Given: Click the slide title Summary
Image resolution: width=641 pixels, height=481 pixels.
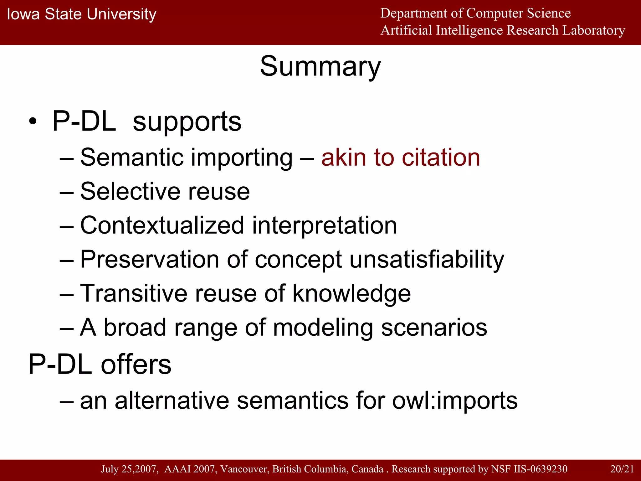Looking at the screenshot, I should (x=320, y=66).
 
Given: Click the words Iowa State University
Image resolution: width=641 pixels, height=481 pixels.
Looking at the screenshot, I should (x=81, y=14).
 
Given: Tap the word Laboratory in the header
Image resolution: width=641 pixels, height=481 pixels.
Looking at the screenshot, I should (x=594, y=30).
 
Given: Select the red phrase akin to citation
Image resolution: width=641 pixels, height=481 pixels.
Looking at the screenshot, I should (x=400, y=157).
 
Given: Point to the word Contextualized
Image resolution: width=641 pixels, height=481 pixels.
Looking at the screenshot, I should (x=162, y=225).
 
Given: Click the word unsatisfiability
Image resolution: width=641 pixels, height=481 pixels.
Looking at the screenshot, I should (x=427, y=260).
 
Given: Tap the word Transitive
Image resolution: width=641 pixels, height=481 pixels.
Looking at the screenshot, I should (x=134, y=293).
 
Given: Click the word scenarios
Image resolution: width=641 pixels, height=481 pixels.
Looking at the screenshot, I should (x=434, y=328).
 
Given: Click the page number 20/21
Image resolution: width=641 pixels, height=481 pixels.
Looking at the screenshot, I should (x=622, y=469).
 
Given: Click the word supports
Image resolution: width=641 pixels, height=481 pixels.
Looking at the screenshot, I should (x=187, y=122).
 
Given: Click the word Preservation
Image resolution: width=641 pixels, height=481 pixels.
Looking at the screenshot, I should (x=150, y=259).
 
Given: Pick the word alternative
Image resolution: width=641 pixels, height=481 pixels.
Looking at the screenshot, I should (x=172, y=401).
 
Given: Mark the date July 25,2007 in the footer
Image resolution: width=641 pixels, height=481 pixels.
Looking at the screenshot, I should (x=128, y=469).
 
